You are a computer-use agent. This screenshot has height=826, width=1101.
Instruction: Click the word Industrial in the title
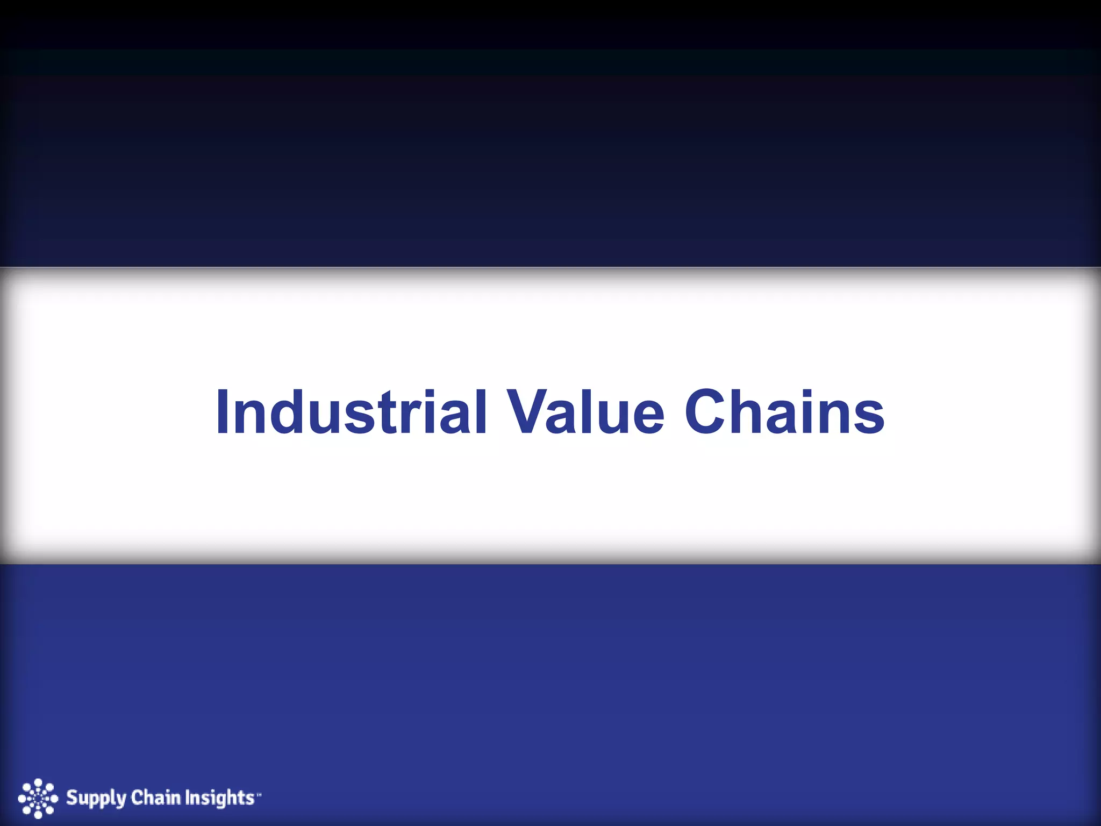(351, 413)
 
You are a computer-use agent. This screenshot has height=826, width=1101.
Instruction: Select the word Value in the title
(587, 413)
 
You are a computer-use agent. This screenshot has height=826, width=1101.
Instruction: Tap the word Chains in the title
(784, 413)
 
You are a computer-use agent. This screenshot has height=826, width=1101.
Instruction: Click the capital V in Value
(530, 413)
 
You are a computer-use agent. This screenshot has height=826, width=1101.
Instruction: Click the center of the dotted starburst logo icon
(38, 799)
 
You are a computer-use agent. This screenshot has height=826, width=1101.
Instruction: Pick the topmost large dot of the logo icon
(38, 782)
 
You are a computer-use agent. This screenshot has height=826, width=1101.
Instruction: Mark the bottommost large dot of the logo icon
(38, 815)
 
